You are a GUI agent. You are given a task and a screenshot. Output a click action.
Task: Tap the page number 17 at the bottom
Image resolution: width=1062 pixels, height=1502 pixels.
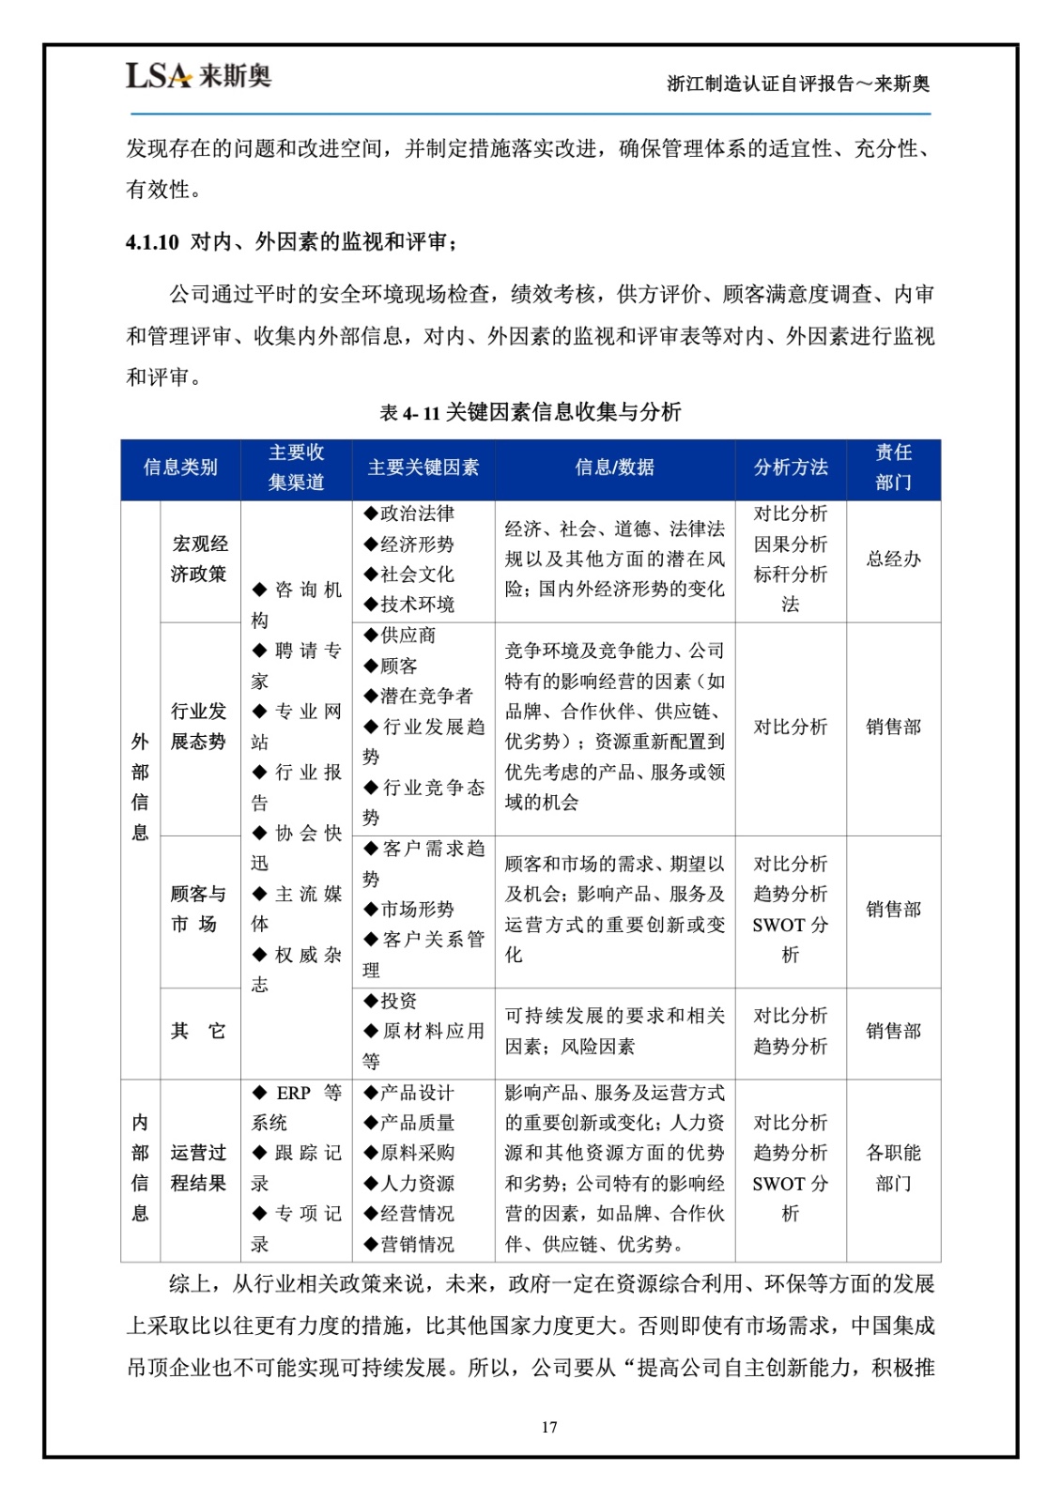[549, 1427]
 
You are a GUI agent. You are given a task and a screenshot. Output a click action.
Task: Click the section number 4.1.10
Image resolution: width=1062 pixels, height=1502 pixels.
[152, 242]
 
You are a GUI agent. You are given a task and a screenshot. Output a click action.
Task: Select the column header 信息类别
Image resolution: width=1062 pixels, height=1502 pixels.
[180, 467]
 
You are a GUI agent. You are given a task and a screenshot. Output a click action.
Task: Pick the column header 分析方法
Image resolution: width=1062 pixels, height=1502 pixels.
[791, 467]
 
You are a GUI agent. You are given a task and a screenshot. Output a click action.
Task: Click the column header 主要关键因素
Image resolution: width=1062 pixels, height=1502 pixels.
[423, 467]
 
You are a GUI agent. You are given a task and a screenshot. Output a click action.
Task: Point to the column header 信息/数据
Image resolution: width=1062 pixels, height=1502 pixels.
[614, 467]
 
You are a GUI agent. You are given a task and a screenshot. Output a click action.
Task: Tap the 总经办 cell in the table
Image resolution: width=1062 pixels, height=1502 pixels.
[893, 559]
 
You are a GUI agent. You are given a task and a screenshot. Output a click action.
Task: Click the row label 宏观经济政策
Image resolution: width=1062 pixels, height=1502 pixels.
[199, 559]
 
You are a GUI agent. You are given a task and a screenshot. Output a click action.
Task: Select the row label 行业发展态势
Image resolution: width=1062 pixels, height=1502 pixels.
[199, 727]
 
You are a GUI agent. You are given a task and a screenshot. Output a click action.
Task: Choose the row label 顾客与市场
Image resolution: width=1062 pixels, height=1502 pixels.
[199, 909]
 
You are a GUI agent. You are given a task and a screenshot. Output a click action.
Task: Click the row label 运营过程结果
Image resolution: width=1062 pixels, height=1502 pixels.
[199, 1168]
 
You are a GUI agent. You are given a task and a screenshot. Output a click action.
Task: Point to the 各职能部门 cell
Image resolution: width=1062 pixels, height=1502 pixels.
[893, 1168]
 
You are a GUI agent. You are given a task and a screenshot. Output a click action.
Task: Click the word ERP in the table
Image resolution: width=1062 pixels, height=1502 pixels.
[293, 1093]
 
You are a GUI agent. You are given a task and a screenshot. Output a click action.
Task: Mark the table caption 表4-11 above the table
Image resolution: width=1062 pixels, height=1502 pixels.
[409, 412]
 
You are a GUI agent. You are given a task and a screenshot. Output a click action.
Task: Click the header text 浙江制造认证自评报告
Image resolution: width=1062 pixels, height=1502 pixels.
[761, 84]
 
